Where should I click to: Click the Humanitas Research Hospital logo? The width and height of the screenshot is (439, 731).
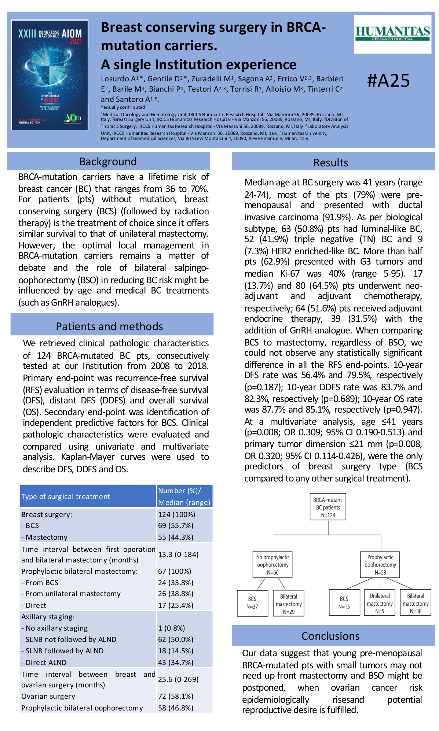click(x=392, y=34)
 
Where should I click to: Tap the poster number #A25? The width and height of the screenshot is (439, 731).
click(x=388, y=81)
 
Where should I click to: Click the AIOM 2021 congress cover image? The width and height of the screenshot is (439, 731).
click(x=50, y=75)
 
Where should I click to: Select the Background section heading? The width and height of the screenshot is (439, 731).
click(x=108, y=162)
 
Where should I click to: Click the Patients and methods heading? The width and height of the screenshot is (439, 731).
click(x=109, y=326)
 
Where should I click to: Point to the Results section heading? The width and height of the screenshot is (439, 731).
click(x=330, y=163)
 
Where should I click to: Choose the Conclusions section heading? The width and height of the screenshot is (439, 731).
click(x=330, y=636)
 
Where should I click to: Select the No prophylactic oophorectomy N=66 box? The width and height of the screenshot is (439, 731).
click(x=272, y=565)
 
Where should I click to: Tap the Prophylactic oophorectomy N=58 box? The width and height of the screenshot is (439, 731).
click(x=380, y=565)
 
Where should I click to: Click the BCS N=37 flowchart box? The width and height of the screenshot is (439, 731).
click(x=252, y=603)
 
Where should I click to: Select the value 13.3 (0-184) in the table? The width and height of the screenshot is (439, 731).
click(x=178, y=554)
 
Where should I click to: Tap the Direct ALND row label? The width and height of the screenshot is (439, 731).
click(x=44, y=662)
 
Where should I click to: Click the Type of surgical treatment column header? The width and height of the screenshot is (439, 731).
click(x=66, y=496)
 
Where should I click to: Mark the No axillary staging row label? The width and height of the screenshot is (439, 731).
click(x=55, y=628)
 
